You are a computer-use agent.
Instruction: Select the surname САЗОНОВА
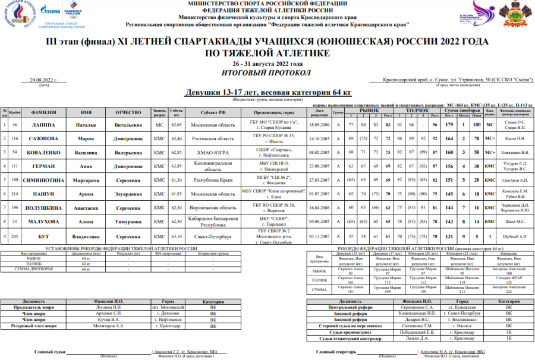(43, 138)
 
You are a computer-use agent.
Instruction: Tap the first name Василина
(86, 152)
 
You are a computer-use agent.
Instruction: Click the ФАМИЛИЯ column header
(43, 112)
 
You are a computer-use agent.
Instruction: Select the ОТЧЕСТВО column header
(128, 112)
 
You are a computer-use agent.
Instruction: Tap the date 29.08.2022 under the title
(43, 80)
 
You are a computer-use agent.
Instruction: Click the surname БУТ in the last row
(43, 236)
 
